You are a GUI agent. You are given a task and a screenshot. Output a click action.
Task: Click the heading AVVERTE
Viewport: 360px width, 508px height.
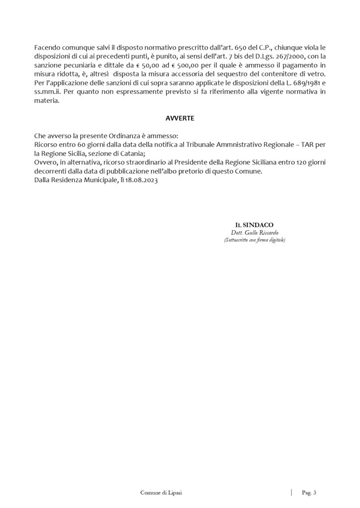(180, 119)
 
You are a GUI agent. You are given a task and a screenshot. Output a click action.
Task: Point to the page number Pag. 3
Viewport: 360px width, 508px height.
(309, 492)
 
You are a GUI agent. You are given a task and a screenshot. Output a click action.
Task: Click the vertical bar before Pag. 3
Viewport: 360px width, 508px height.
(291, 492)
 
